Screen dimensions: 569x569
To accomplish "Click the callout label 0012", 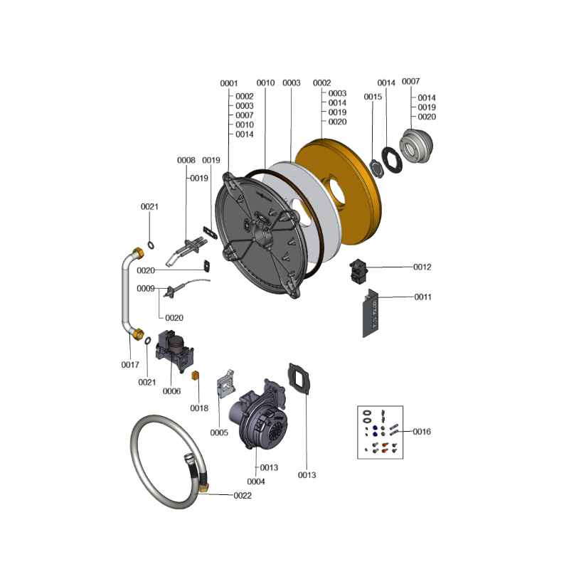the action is [x=422, y=267].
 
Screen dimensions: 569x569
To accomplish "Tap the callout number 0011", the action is [x=423, y=297].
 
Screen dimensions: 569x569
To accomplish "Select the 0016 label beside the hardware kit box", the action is [x=422, y=432].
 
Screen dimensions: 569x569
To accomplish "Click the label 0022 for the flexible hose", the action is [x=243, y=495].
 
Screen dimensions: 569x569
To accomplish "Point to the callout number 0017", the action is [x=130, y=365].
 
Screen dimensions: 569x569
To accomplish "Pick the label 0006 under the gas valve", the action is [x=171, y=390].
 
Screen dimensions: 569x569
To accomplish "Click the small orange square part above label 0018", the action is [x=195, y=376].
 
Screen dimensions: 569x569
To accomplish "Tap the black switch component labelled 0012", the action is [x=358, y=271].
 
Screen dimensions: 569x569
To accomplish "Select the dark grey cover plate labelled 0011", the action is [x=371, y=313].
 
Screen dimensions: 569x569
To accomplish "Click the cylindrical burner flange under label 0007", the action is [x=416, y=146].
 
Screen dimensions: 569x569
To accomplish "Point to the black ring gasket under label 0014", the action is [x=392, y=160].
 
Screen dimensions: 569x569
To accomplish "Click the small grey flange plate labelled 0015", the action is [x=376, y=169].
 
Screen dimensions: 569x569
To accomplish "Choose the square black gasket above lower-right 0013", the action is [x=299, y=378].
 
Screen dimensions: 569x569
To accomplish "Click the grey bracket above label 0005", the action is [x=225, y=383].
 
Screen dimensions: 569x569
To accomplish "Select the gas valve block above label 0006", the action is [x=175, y=351].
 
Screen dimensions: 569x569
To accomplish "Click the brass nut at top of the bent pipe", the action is [x=138, y=252].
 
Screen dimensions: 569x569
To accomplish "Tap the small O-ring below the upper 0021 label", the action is [x=151, y=245].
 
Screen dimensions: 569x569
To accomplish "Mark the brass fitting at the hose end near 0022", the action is [x=203, y=487].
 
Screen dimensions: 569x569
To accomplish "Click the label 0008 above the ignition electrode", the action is [x=186, y=160].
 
